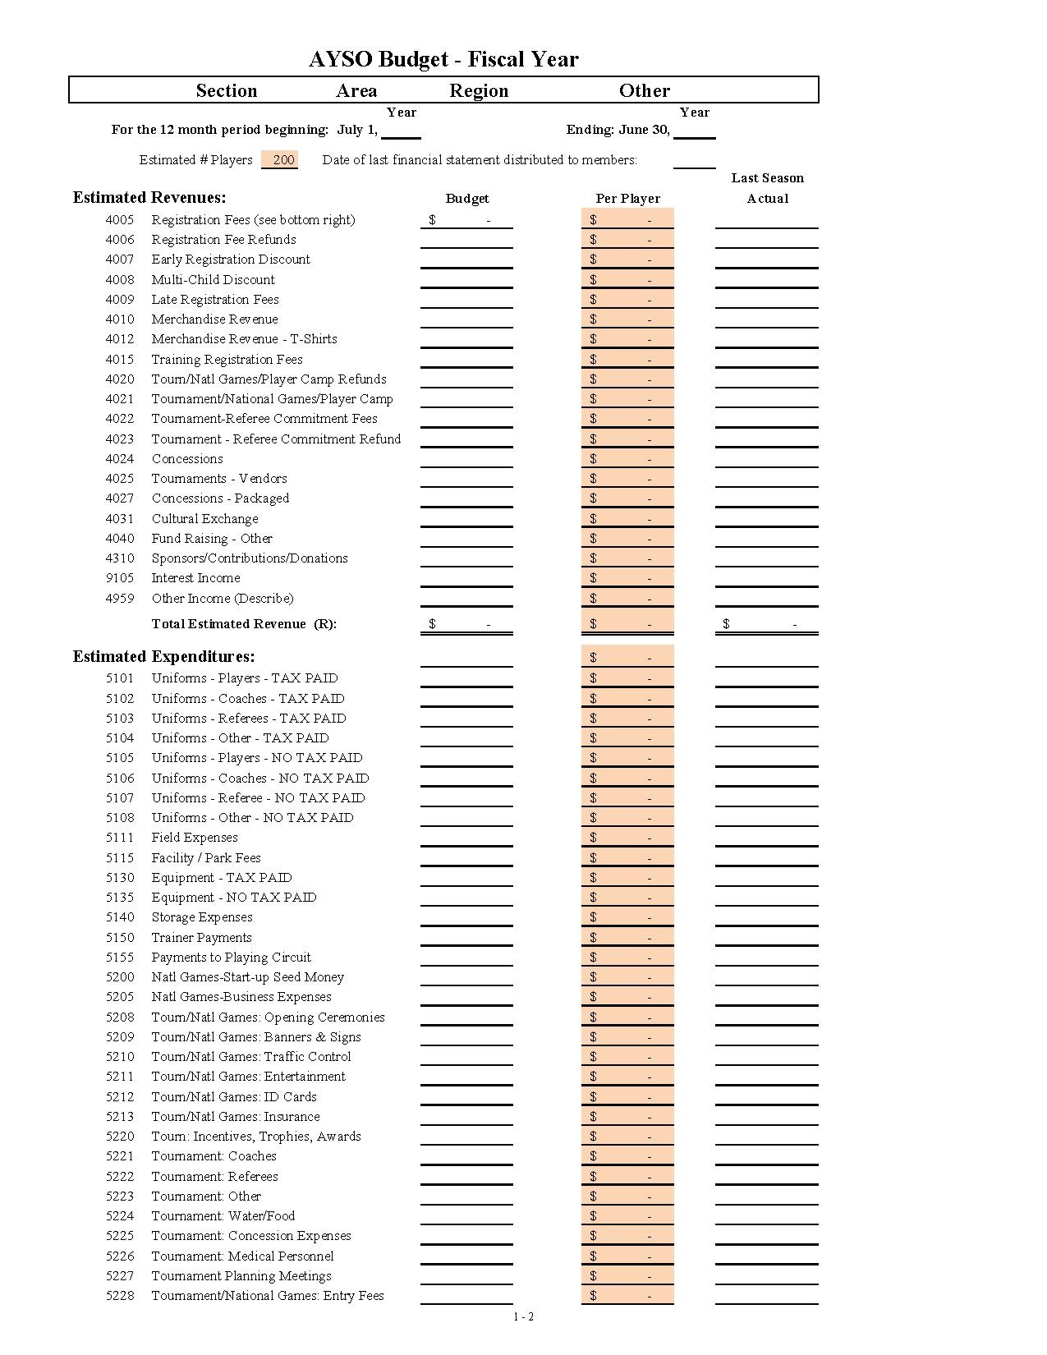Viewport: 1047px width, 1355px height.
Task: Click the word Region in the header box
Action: click(x=479, y=90)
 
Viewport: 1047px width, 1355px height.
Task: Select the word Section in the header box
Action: click(x=226, y=90)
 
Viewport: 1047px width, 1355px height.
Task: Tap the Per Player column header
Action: click(x=627, y=199)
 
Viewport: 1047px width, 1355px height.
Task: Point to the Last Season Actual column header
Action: click(x=767, y=188)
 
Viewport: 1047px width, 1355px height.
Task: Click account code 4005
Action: click(x=120, y=220)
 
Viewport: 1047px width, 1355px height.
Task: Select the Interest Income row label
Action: click(x=195, y=578)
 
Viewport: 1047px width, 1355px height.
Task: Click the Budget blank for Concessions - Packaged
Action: click(x=466, y=498)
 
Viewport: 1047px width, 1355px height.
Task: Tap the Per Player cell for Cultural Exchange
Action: click(x=627, y=519)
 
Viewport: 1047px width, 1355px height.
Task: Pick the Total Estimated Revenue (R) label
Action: click(x=244, y=624)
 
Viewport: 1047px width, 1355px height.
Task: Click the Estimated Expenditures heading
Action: click(x=163, y=657)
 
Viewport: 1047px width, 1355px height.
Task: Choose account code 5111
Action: click(x=120, y=838)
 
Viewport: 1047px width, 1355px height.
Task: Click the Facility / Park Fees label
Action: click(x=206, y=858)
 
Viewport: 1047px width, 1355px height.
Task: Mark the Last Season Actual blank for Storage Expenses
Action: click(x=766, y=917)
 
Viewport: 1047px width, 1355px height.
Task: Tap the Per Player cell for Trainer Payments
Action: click(x=627, y=938)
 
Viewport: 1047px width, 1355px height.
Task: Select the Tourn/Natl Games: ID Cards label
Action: click(x=234, y=1097)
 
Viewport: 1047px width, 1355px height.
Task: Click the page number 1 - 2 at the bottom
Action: click(x=524, y=1317)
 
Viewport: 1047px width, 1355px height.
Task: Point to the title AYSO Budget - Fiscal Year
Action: click(x=443, y=59)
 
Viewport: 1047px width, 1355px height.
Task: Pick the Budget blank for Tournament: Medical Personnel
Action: click(x=466, y=1256)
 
